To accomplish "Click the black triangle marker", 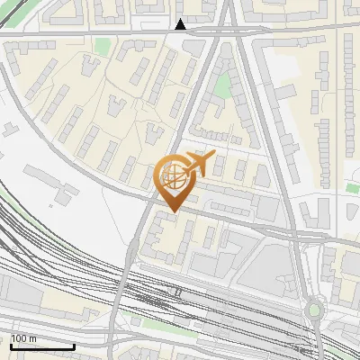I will pyautogui.click(x=181, y=24).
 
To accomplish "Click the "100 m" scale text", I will pyautogui.click(x=22, y=339).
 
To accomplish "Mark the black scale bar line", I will pyautogui.click(x=41, y=346).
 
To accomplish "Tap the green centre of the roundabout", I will pyautogui.click(x=313, y=310).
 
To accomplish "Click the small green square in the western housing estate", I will pyautogui.click(x=102, y=45).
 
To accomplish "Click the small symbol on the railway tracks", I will pyautogui.click(x=178, y=292).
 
